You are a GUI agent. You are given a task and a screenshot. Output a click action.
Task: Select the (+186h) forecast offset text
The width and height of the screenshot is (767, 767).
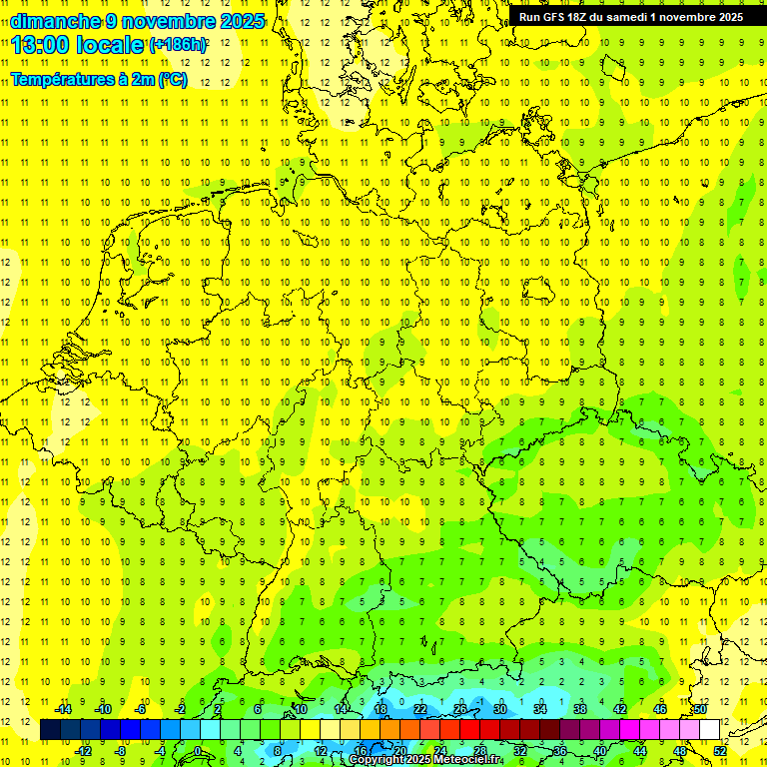click(178, 45)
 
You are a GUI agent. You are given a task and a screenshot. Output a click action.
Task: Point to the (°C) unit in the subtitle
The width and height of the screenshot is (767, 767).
click(172, 79)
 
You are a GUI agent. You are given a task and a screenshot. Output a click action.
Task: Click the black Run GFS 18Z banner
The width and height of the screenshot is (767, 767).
click(631, 17)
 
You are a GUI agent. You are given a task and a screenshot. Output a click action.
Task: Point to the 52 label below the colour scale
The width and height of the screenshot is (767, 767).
click(719, 750)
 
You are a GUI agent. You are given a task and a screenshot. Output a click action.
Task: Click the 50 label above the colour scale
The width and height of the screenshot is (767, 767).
click(700, 709)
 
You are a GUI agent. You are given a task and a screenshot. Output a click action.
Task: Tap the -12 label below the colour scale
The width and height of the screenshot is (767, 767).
click(83, 750)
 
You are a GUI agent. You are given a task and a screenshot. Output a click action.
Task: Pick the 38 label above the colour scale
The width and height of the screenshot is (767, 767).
click(580, 709)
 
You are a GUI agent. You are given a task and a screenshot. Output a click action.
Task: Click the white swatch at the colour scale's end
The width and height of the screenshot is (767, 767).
click(710, 730)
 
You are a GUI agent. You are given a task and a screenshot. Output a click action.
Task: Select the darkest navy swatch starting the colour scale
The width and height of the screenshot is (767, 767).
click(51, 730)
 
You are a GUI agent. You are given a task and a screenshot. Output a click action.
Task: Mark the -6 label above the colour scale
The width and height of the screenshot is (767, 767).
click(142, 709)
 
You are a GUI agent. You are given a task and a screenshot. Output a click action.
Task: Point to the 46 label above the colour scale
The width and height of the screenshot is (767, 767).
click(660, 709)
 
